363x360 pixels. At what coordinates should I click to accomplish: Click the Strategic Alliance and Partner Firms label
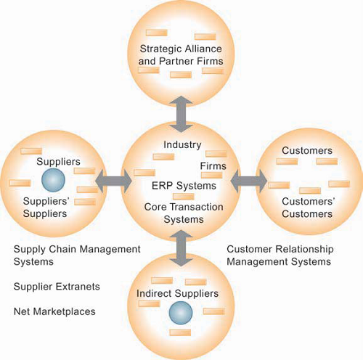[180, 55]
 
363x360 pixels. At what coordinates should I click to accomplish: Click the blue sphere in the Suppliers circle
[53, 179]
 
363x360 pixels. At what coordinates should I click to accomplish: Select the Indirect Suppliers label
[177, 292]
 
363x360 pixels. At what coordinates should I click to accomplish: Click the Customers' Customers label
[306, 207]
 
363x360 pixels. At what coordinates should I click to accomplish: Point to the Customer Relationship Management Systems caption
[279, 255]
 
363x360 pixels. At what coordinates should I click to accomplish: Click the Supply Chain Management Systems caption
[77, 255]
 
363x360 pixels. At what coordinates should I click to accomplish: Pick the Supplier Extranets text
[57, 287]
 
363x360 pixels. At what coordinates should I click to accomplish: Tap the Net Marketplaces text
[54, 311]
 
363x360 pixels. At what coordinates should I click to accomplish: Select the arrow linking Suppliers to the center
[108, 179]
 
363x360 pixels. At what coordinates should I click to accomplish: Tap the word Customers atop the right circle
[306, 151]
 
